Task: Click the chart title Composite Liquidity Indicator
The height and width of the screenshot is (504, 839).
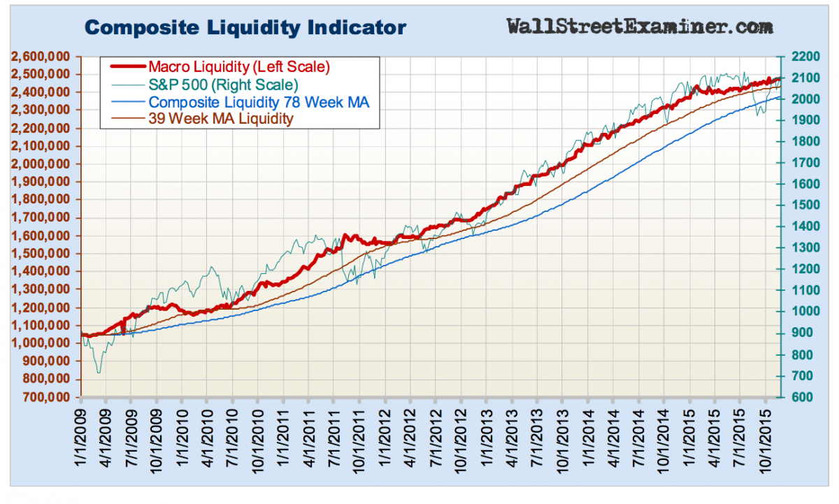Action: point(245,28)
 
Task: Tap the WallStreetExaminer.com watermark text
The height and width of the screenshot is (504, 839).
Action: point(640,27)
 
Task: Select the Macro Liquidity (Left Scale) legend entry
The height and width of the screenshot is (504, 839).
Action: point(238,68)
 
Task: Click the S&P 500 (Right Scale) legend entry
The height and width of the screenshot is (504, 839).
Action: point(223,85)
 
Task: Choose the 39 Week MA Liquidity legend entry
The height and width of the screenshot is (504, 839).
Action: point(221,119)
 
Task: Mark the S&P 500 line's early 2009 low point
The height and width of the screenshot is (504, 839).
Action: point(99,372)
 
